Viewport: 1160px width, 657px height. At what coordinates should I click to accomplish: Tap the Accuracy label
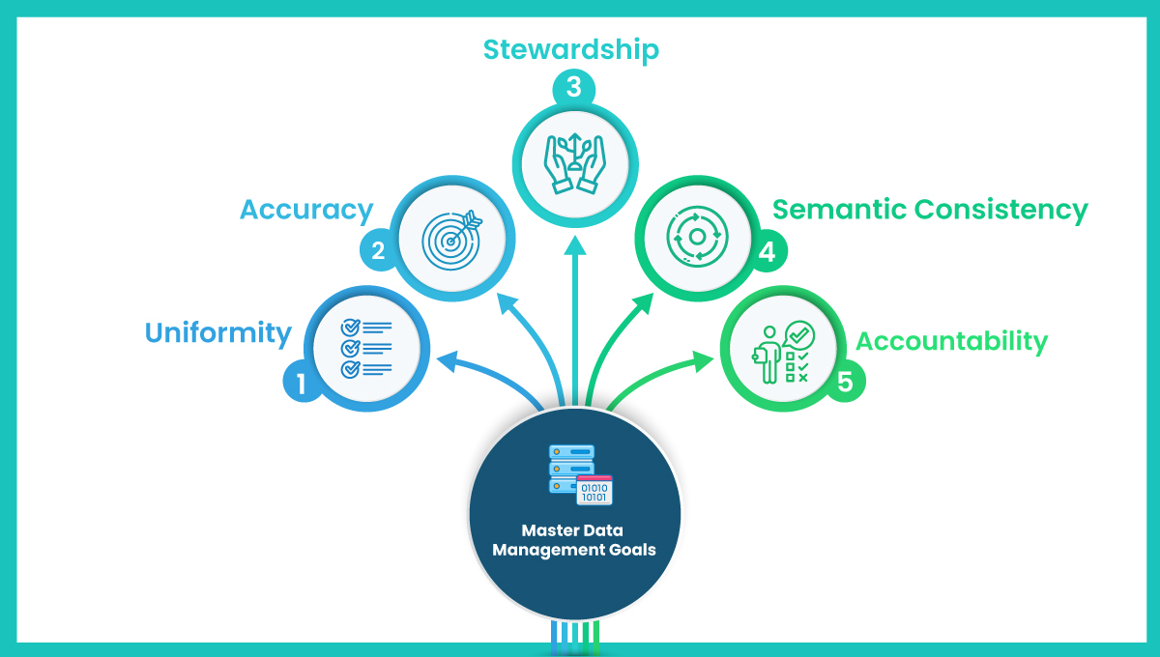pyautogui.click(x=306, y=211)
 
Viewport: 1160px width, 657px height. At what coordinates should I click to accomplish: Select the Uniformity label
pyautogui.click(x=218, y=333)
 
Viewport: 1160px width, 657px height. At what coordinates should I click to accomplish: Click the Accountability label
pyautogui.click(x=952, y=342)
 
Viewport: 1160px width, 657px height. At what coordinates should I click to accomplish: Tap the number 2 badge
pyautogui.click(x=378, y=250)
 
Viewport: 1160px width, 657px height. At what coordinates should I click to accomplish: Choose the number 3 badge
pyautogui.click(x=574, y=87)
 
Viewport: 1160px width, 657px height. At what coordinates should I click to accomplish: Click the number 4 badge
pyautogui.click(x=768, y=251)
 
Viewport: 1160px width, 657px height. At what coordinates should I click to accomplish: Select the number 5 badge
pyautogui.click(x=845, y=382)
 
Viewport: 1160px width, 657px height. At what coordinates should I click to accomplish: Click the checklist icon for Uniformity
pyautogui.click(x=366, y=349)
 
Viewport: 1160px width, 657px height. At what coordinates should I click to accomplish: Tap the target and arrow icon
pyautogui.click(x=451, y=240)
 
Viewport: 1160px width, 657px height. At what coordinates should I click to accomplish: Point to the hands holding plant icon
pyautogui.click(x=575, y=163)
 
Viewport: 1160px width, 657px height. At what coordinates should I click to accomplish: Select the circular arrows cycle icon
pyautogui.click(x=697, y=237)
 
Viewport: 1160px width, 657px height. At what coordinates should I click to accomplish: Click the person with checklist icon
pyautogui.click(x=783, y=353)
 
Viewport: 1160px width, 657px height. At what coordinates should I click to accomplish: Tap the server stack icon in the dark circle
pyautogui.click(x=570, y=469)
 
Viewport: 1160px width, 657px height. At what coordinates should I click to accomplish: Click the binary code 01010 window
pyautogui.click(x=594, y=490)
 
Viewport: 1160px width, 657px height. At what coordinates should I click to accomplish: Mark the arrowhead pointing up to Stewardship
pyautogui.click(x=575, y=245)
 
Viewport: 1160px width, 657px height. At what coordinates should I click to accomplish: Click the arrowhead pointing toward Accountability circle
pyautogui.click(x=703, y=360)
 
